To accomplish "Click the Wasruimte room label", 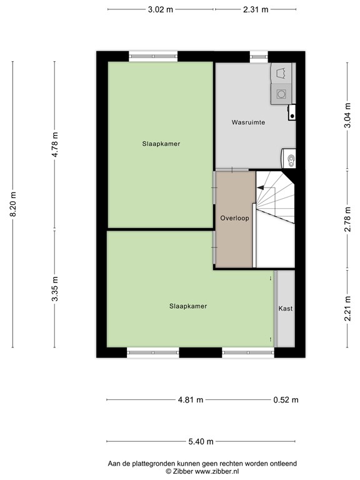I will point(248,122).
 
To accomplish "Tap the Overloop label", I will point(234,218).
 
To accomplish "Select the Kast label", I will point(285,309).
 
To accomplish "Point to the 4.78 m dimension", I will point(55,145).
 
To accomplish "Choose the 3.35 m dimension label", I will point(55,289).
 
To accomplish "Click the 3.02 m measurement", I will point(161,9).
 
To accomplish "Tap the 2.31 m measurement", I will point(255,9).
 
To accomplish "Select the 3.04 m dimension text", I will point(347,116).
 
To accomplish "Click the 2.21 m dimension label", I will point(347,309).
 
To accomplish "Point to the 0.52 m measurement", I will point(286,400).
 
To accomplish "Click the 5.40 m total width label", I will point(201,441).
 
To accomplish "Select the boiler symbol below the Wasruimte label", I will point(290,159).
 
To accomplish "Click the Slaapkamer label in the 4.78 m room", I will point(161,143).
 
